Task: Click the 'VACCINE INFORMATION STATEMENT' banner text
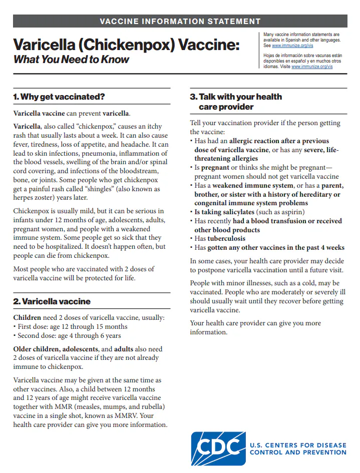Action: click(180, 21)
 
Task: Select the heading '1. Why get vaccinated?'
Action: click(59, 97)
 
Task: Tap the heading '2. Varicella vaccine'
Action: click(52, 301)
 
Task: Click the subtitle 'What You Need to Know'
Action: click(71, 60)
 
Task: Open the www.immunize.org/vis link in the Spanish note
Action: click(312, 67)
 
